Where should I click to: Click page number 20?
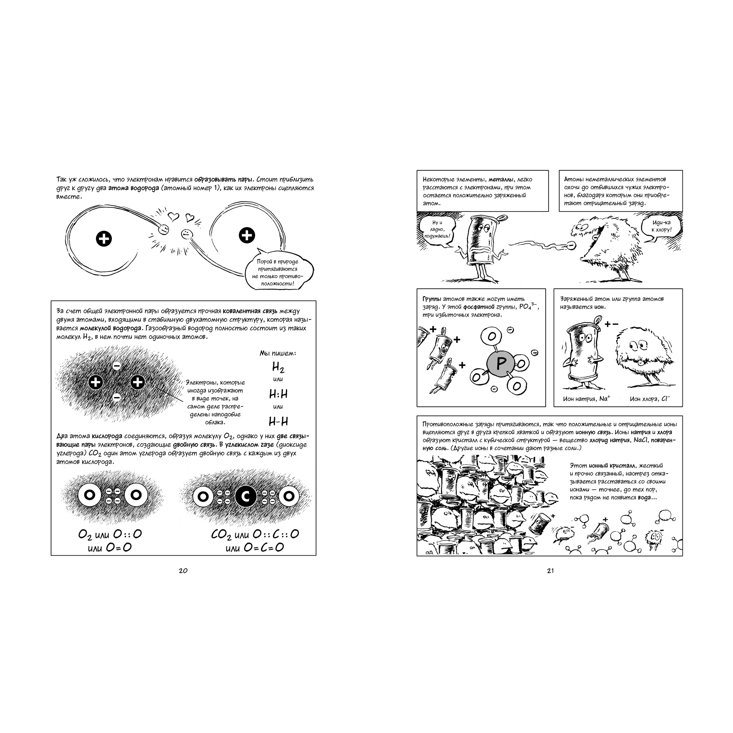point(183,571)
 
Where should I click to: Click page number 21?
point(550,571)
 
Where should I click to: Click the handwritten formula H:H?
point(278,394)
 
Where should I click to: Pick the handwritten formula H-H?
point(278,421)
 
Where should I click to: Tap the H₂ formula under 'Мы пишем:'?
point(278,367)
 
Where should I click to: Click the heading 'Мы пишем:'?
point(278,353)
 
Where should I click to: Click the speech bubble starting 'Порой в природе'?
point(278,272)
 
